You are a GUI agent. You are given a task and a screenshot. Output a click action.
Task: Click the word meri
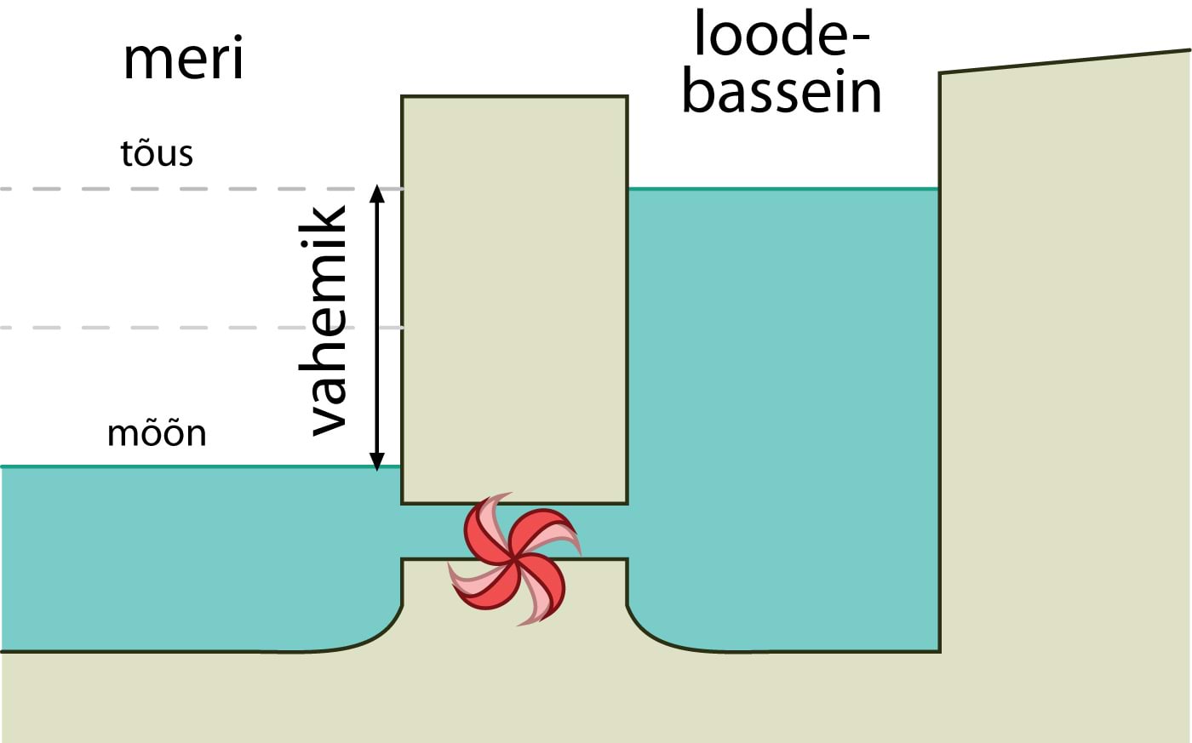pyautogui.click(x=183, y=60)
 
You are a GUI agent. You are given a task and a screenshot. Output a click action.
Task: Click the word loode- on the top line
pyautogui.click(x=782, y=36)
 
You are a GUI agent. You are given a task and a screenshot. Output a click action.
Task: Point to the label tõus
pyautogui.click(x=157, y=154)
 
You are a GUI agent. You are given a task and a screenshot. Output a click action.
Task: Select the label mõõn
pyautogui.click(x=157, y=434)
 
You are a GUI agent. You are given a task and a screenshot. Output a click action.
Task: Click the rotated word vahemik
pyautogui.click(x=328, y=322)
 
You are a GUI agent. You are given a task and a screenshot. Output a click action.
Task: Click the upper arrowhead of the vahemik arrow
pyautogui.click(x=378, y=191)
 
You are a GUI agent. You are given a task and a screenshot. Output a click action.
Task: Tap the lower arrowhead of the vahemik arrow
pyautogui.click(x=378, y=462)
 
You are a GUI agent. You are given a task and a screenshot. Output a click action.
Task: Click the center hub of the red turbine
pyautogui.click(x=514, y=559)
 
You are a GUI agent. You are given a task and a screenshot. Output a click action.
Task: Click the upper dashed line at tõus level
pyautogui.click(x=170, y=188)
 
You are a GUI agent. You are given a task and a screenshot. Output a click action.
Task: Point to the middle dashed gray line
pyautogui.click(x=170, y=328)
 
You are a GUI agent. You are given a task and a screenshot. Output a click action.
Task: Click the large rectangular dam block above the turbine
pyautogui.click(x=514, y=298)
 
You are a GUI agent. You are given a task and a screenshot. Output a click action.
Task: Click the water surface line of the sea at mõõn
pyautogui.click(x=170, y=466)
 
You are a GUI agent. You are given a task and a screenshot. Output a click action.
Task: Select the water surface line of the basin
pyautogui.click(x=783, y=188)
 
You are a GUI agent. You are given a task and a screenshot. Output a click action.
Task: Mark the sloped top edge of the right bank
pyautogui.click(x=1064, y=61)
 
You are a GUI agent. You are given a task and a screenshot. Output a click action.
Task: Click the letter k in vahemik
pyautogui.click(x=328, y=225)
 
